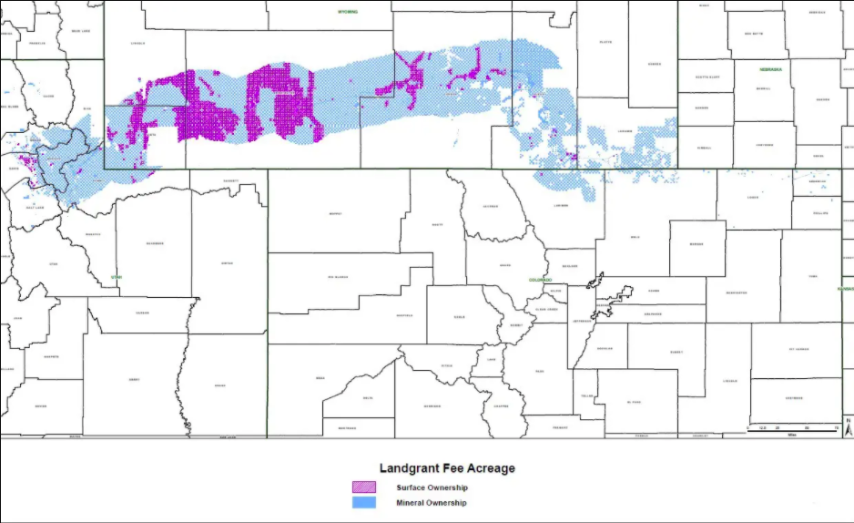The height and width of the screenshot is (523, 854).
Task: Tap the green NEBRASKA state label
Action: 772,69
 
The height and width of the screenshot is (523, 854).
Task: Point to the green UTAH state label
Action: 116,276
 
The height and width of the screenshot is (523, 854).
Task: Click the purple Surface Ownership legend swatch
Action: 363,487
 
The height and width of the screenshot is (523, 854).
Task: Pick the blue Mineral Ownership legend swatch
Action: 363,502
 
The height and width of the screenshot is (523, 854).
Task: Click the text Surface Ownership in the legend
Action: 432,487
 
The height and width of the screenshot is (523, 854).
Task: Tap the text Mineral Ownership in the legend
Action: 431,502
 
